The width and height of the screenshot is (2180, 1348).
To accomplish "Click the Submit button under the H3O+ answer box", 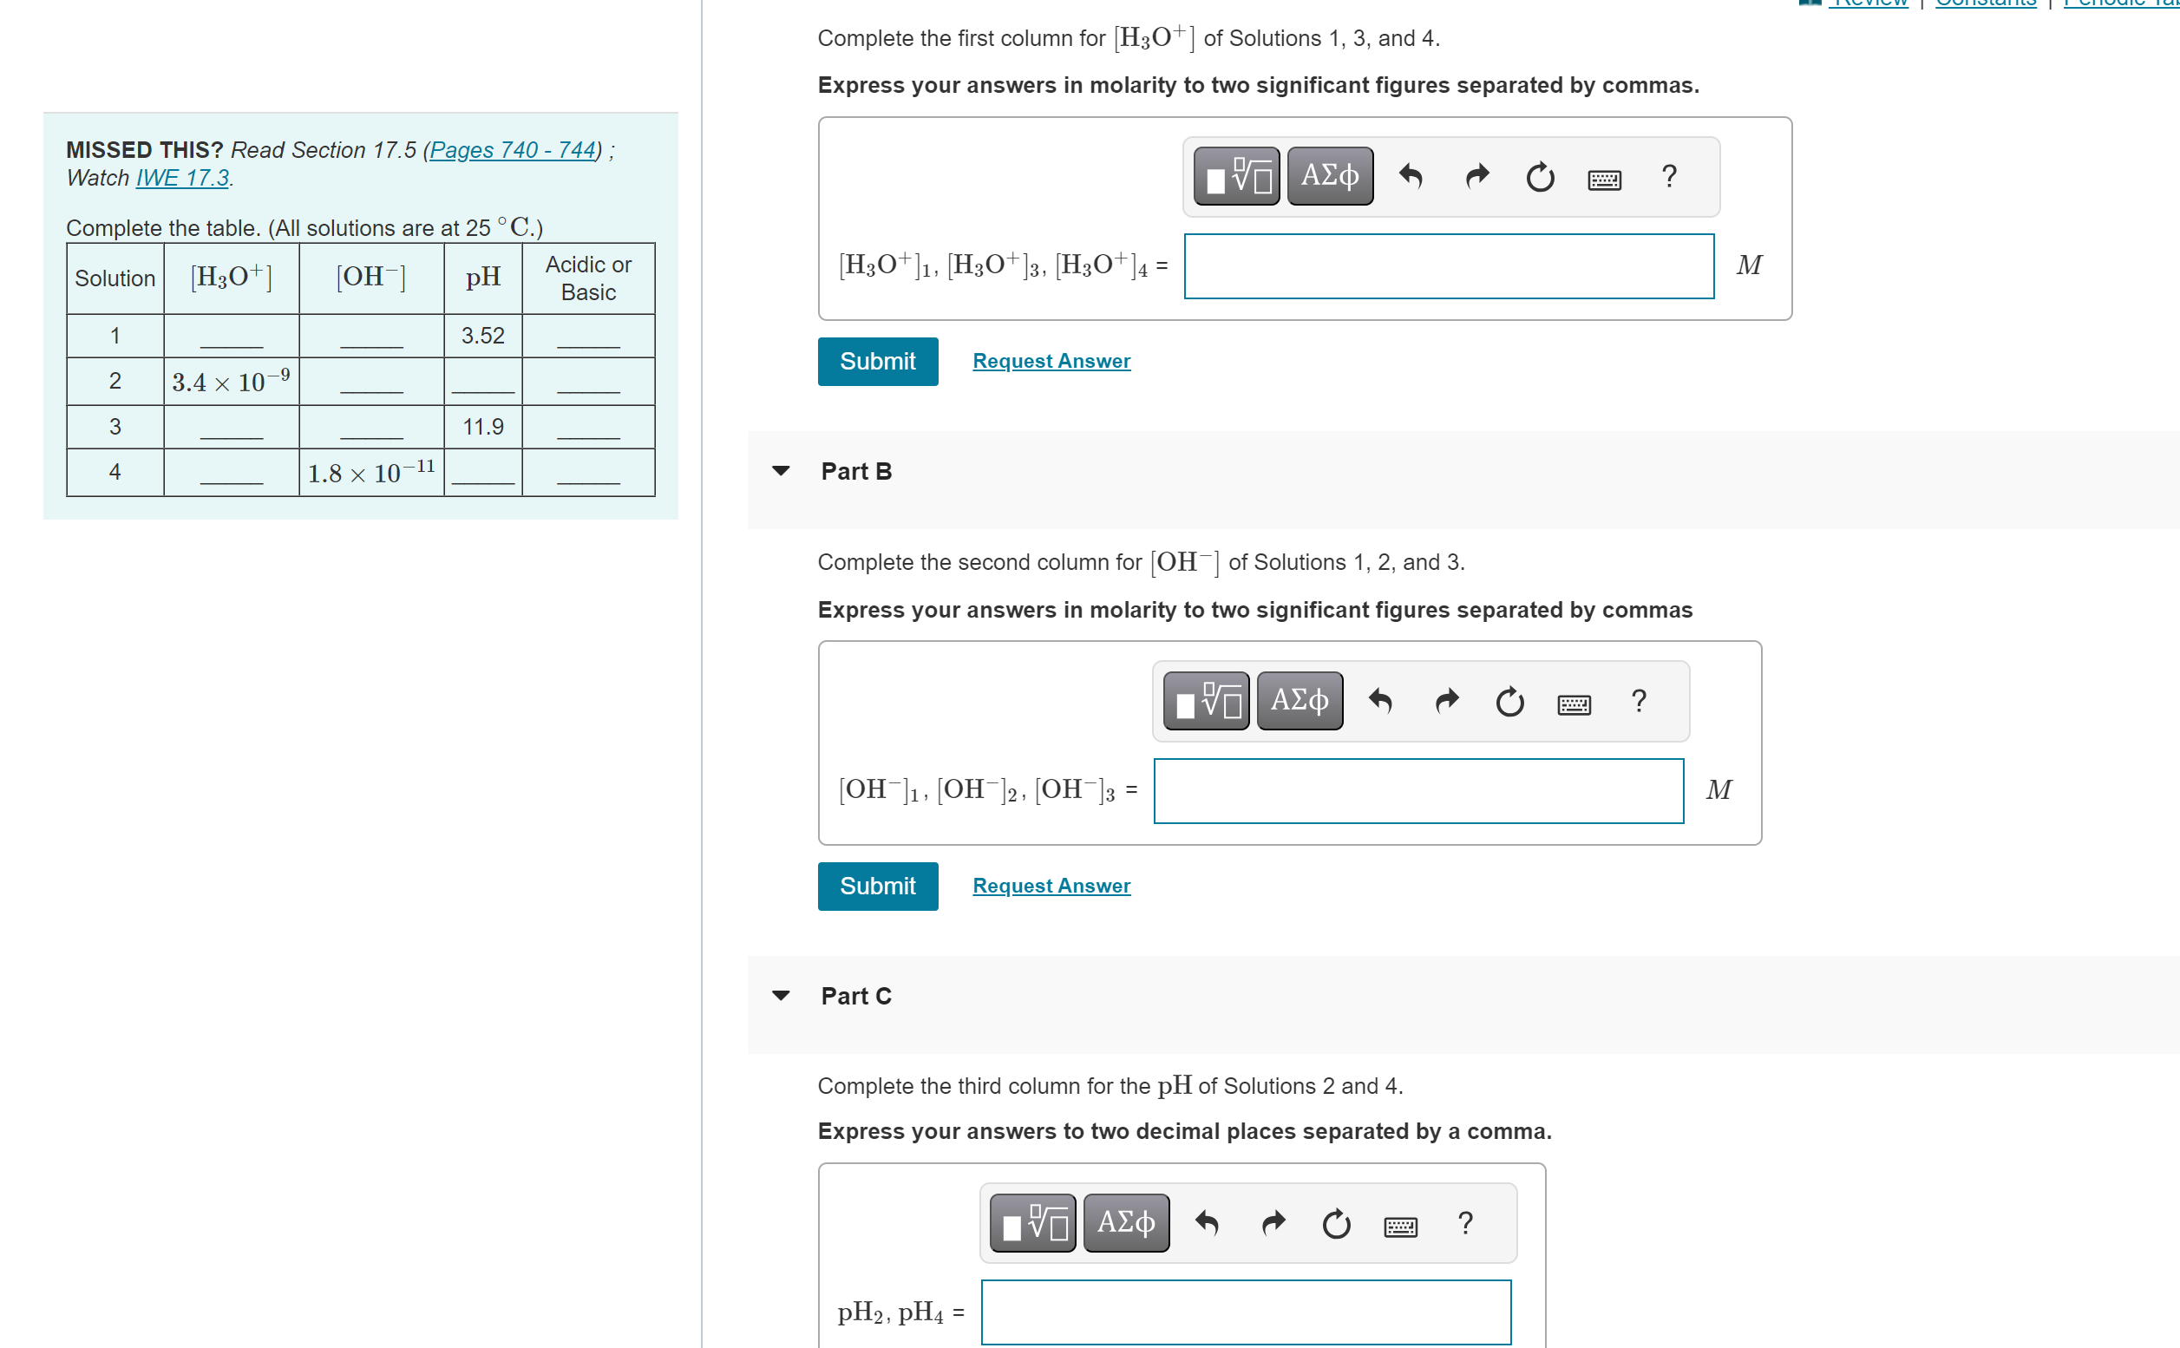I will [877, 361].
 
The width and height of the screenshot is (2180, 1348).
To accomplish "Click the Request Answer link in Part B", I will [1051, 886].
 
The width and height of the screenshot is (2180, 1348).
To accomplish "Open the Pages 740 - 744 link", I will [512, 150].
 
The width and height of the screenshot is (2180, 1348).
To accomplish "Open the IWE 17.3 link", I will [182, 178].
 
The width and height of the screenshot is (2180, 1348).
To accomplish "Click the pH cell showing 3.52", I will [482, 335].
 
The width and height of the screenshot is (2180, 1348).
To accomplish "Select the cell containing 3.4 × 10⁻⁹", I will [231, 382].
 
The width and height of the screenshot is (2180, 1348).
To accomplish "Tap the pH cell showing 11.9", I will [482, 426].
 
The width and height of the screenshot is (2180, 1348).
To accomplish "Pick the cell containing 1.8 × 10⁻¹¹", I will [371, 472].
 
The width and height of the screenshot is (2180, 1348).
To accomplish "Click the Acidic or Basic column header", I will [587, 278].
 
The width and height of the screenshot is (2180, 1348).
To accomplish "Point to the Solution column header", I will [115, 278].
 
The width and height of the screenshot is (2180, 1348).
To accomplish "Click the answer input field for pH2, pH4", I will [1245, 1311].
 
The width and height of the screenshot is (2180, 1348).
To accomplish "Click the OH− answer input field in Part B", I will [1417, 790].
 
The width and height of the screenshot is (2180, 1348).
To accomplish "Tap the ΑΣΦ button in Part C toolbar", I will [1125, 1221].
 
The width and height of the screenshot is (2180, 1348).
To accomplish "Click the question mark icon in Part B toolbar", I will [1638, 701].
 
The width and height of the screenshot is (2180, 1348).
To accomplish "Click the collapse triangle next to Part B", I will [780, 471].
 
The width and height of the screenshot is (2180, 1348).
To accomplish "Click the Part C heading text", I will [855, 995].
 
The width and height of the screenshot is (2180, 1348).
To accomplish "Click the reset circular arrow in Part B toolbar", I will [1509, 702].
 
